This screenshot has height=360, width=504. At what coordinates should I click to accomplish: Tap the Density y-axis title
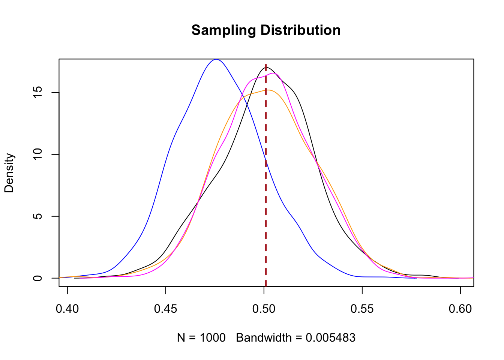tap(9, 173)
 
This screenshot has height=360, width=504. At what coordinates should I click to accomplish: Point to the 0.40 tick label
tap(67, 309)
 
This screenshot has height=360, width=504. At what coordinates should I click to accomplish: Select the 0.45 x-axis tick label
tap(166, 309)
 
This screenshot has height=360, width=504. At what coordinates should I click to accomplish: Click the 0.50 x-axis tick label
tap(264, 309)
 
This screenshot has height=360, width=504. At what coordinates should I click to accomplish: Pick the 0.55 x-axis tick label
tap(362, 309)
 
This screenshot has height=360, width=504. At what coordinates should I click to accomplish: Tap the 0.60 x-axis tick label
tap(460, 309)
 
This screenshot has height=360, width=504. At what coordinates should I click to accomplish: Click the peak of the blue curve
tap(216, 59)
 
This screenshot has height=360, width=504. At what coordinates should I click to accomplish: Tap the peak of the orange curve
tap(268, 90)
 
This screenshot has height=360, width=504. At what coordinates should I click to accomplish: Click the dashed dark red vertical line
tap(266, 187)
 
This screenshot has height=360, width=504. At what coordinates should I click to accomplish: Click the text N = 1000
tap(201, 338)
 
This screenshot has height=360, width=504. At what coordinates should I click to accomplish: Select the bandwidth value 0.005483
tap(330, 338)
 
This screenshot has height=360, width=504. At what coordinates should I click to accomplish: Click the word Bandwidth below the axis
tap(264, 338)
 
